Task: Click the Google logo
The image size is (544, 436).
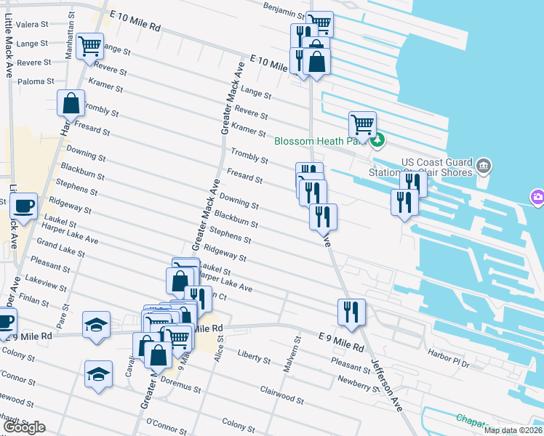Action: (25, 427)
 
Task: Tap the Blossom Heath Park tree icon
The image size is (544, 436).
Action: (377, 140)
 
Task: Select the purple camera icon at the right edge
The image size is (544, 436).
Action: (537, 197)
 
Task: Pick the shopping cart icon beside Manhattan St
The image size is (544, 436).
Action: (89, 46)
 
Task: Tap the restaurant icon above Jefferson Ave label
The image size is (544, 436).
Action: (352, 312)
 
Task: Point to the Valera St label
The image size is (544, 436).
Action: (31, 24)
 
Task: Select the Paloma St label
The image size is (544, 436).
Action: (38, 81)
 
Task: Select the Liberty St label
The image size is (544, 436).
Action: (253, 356)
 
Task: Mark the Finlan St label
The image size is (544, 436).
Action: (36, 298)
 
